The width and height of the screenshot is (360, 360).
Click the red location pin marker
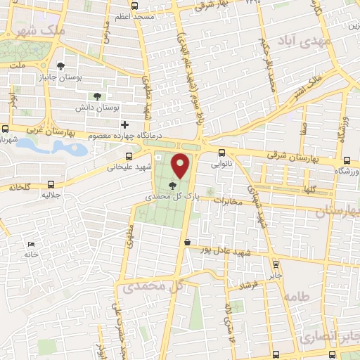[181, 166]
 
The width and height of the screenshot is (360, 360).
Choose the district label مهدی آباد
[304, 43]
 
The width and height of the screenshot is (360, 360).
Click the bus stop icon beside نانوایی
[222, 153]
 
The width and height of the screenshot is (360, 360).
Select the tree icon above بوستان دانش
[98, 96]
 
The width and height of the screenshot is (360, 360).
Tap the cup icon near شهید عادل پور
[187, 243]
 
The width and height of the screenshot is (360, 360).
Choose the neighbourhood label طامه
[297, 297]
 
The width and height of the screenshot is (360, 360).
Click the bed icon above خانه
[30, 243]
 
